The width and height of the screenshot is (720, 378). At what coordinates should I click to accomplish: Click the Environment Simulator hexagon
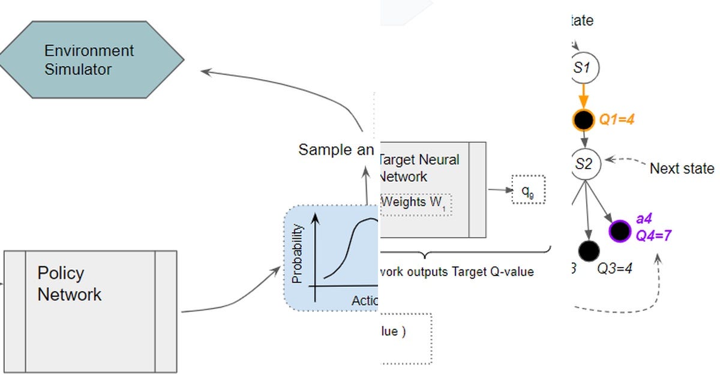90,59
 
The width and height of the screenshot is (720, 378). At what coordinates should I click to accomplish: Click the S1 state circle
581,68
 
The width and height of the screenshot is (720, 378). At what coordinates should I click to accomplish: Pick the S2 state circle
581,164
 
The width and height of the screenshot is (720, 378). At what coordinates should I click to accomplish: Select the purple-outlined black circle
619,230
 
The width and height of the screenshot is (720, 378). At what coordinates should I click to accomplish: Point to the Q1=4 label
617,120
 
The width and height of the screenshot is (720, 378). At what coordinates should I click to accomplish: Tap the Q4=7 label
653,236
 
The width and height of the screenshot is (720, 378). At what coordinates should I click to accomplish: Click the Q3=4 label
615,268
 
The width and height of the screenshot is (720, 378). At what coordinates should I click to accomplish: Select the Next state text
682,169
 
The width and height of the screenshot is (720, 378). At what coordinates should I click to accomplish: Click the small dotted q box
527,190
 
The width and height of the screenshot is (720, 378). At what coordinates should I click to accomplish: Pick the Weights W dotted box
415,203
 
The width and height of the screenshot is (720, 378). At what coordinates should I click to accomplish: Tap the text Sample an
336,149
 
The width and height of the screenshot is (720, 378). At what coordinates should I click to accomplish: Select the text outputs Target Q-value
456,272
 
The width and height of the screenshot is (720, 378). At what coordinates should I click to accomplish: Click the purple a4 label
644,219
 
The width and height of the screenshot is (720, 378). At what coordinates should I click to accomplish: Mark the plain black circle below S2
589,250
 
